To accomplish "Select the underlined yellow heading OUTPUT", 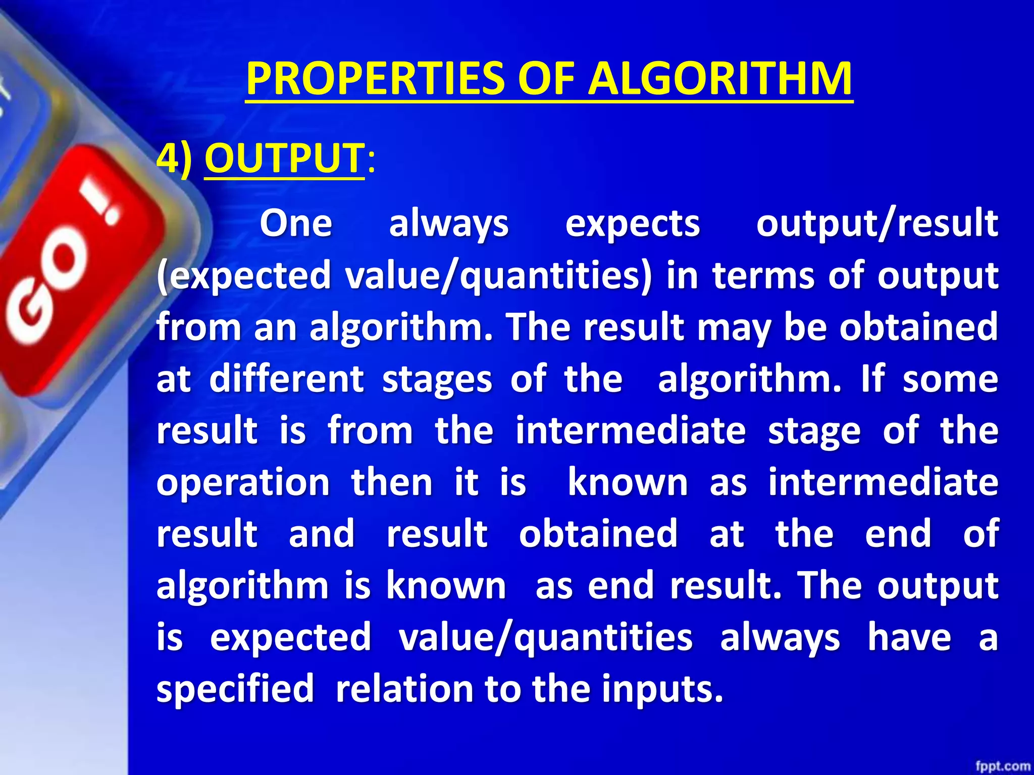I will pos(284,158).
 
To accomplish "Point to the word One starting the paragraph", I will pos(296,224).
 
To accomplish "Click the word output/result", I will pos(877,224).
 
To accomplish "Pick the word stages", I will pos(437,379).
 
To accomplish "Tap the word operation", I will pos(243,483).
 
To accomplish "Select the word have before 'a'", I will pos(909,637).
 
